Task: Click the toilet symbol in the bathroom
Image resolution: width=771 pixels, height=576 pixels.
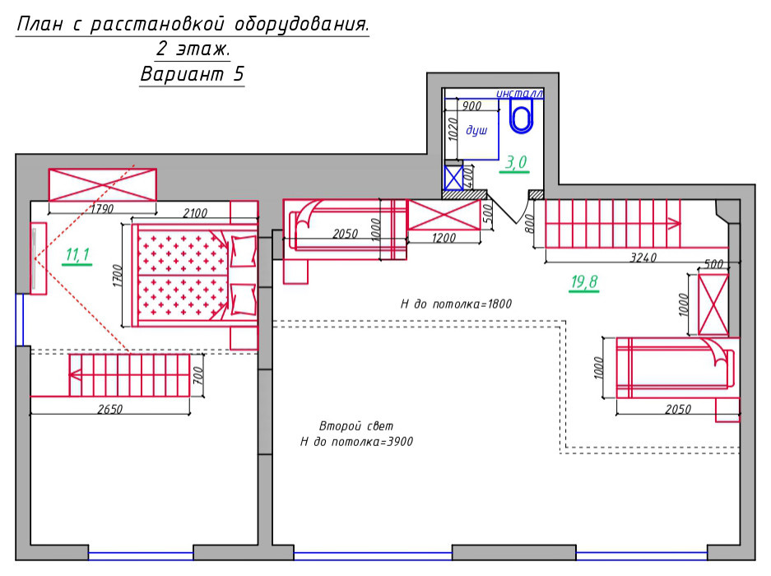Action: click(521, 116)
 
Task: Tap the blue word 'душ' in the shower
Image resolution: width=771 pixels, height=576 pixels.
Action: click(476, 130)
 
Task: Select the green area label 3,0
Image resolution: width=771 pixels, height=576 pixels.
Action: click(516, 162)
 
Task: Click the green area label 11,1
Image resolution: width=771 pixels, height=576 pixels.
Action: click(77, 254)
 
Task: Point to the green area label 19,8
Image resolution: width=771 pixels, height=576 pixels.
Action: click(584, 282)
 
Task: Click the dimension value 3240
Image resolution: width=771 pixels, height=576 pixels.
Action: click(643, 258)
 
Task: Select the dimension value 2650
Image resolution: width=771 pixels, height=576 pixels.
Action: click(109, 409)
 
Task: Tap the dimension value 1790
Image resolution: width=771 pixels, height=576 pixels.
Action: click(102, 208)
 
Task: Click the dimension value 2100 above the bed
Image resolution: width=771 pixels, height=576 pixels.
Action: click(195, 213)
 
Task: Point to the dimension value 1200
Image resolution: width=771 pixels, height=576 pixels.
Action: click(444, 238)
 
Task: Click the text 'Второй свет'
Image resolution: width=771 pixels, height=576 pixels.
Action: click(356, 426)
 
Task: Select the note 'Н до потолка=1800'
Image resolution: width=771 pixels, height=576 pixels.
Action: click(456, 304)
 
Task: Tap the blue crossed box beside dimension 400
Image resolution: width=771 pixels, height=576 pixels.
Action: click(453, 178)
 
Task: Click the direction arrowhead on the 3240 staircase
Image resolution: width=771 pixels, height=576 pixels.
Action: click(674, 223)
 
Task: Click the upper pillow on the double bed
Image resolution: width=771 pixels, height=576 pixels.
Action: click(244, 251)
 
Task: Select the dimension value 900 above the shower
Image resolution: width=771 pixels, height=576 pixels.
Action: click(471, 106)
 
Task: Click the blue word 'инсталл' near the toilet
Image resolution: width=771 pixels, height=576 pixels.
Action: click(519, 94)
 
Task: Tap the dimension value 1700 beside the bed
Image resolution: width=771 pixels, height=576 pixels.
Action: click(117, 276)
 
